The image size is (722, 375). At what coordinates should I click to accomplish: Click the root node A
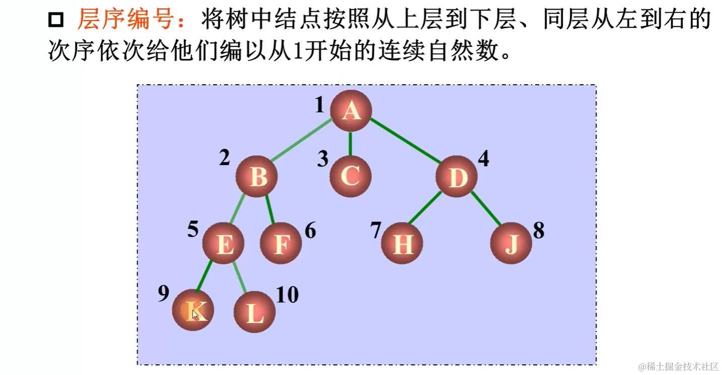pos(351,111)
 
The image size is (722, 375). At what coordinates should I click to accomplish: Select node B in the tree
pos(257,177)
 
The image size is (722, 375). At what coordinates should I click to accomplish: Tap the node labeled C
pos(351,176)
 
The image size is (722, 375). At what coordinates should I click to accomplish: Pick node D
pos(456,177)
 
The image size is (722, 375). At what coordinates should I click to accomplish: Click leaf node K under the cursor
pos(193,310)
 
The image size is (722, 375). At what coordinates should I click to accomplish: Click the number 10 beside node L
pos(287,295)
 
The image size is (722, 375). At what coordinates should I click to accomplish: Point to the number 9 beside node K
pos(163,294)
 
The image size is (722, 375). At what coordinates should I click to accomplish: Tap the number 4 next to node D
pos(483,158)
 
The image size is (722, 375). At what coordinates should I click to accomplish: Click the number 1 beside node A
pos(319,105)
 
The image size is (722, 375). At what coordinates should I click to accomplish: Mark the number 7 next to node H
pos(375,230)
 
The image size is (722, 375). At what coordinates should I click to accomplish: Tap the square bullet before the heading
pos(56,21)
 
